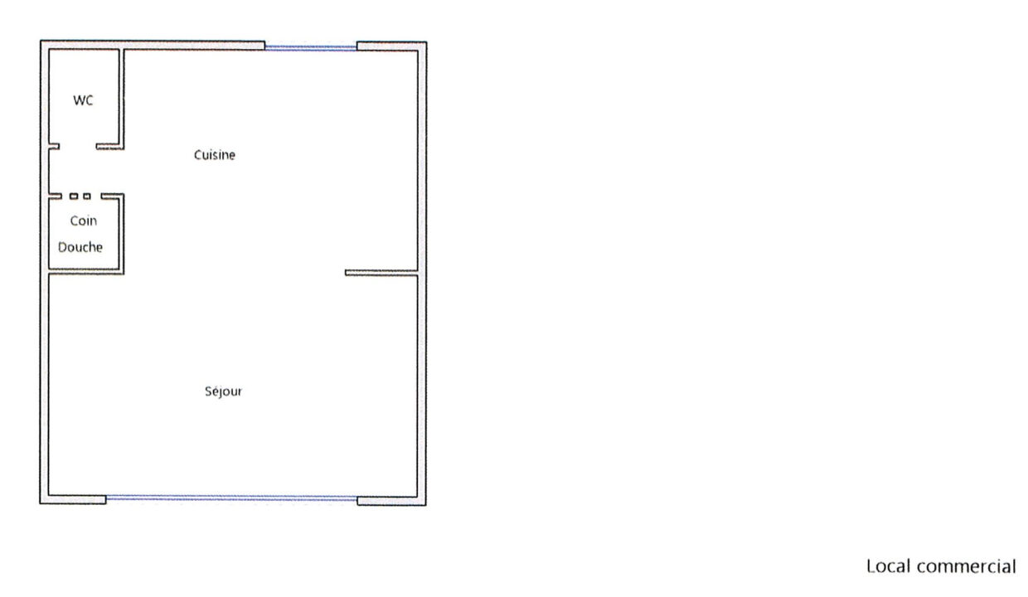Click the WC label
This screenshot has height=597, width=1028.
pyautogui.click(x=83, y=101)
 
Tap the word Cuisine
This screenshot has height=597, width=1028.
pyautogui.click(x=215, y=155)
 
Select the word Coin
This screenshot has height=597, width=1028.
pyautogui.click(x=83, y=221)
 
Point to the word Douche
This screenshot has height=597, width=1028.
pyautogui.click(x=80, y=247)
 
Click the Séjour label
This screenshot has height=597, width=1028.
pyautogui.click(x=223, y=391)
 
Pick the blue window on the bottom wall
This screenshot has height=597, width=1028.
pyautogui.click(x=231, y=498)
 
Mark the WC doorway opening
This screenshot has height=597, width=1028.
pyautogui.click(x=78, y=148)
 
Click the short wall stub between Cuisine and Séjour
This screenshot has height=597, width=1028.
pyautogui.click(x=381, y=272)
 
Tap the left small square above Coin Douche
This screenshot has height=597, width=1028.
pyautogui.click(x=74, y=197)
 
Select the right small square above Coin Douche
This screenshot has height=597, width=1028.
pyautogui.click(x=87, y=197)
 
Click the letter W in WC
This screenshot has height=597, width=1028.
pyautogui.click(x=79, y=101)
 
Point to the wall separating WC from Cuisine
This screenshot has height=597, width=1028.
pyautogui.click(x=122, y=98)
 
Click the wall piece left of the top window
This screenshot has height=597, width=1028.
pyautogui.click(x=153, y=45)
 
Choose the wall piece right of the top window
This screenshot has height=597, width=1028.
pyautogui.click(x=391, y=45)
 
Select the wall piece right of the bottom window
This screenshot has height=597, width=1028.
pyautogui.click(x=391, y=500)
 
